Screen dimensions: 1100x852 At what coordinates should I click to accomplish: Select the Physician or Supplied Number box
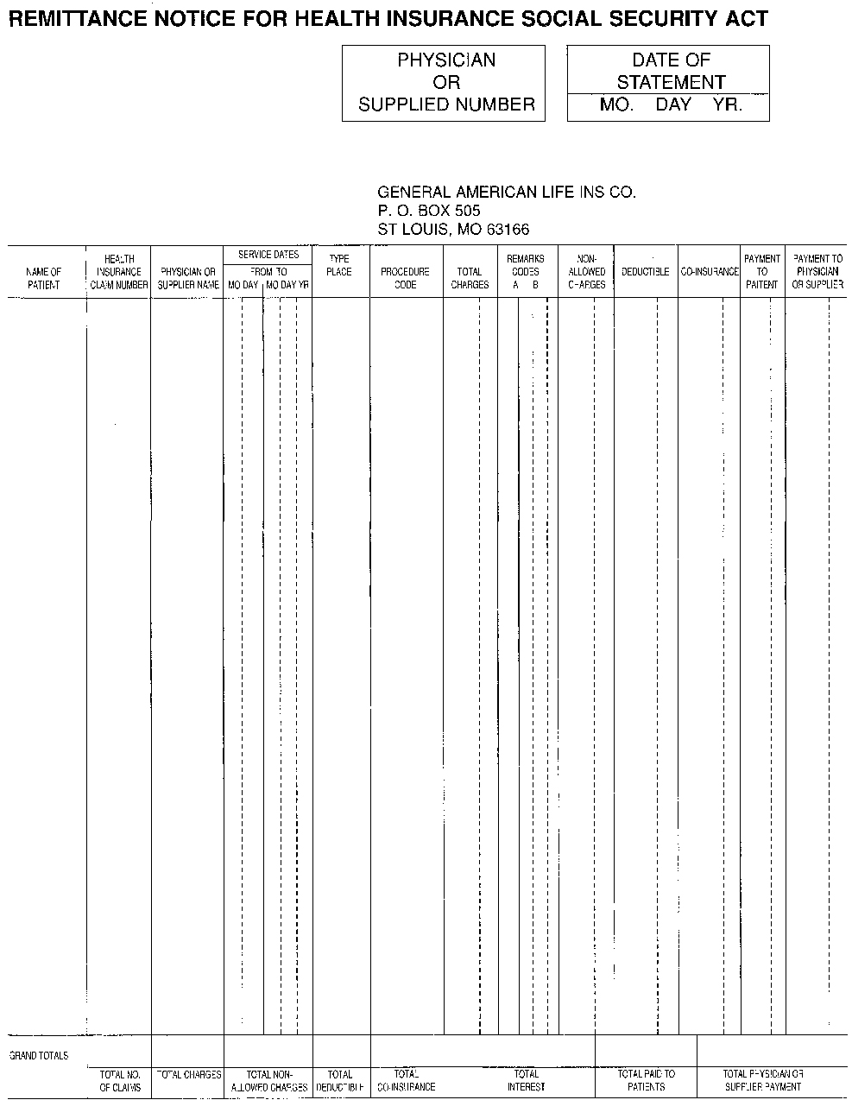pos(444,83)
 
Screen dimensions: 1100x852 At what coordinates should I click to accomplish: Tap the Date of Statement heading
pos(670,71)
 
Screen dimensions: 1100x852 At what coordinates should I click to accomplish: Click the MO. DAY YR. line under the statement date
pos(670,106)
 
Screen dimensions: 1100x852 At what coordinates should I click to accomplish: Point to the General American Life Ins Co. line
pos(507,192)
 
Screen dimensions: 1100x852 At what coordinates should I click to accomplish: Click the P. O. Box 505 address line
pos(429,211)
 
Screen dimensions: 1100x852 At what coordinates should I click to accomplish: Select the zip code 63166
pos(508,230)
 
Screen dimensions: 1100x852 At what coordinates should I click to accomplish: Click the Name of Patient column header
pos(44,278)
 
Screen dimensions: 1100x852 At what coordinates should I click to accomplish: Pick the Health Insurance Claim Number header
pos(119,272)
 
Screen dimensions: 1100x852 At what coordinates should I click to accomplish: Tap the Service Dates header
pos(268,255)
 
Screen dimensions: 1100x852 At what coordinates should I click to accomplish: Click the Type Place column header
pos(339,265)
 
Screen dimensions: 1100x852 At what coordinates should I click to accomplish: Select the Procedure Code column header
pos(405,278)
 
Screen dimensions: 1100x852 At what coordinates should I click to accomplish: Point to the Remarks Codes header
pos(525,265)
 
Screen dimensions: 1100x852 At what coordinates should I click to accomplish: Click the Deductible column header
pos(645,272)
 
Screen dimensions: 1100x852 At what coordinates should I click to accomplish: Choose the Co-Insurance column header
pos(710,272)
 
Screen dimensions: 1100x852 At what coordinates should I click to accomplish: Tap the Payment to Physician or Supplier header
pos(817,271)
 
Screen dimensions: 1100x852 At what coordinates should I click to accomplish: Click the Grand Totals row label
pos(39,1055)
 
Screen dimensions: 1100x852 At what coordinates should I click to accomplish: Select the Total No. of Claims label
pos(120,1081)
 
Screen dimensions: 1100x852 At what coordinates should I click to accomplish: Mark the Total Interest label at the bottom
pos(526,1081)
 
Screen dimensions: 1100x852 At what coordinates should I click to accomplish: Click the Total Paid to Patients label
pos(647,1081)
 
